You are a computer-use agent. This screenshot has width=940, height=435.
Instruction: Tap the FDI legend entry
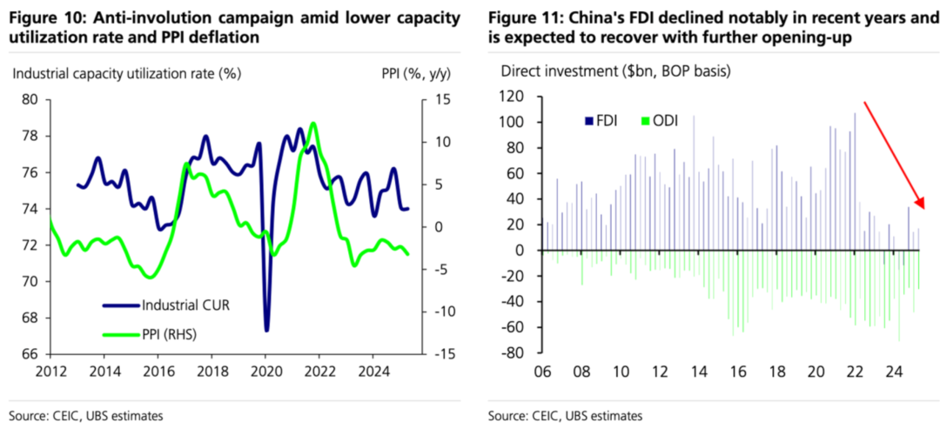(601, 121)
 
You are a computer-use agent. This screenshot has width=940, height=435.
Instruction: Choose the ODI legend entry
(658, 121)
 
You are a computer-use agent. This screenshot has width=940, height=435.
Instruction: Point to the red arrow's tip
(924, 210)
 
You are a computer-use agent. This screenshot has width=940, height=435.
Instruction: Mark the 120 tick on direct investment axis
(514, 97)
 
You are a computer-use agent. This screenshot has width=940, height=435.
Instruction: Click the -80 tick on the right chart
(515, 353)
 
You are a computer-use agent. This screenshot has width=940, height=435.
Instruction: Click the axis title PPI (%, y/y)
(413, 74)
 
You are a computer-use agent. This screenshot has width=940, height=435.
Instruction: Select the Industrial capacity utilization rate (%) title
(126, 74)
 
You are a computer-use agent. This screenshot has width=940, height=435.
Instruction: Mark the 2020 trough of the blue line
(266, 330)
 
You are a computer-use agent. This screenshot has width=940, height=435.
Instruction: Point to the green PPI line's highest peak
(313, 124)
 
